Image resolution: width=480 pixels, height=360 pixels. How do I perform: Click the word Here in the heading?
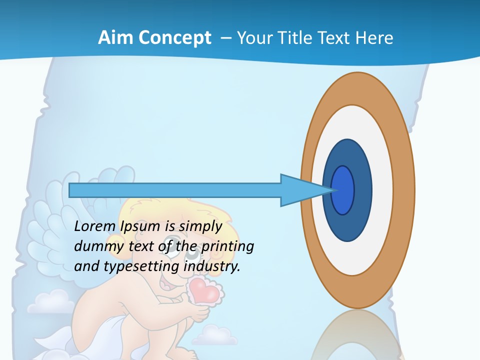[x=374, y=37]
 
